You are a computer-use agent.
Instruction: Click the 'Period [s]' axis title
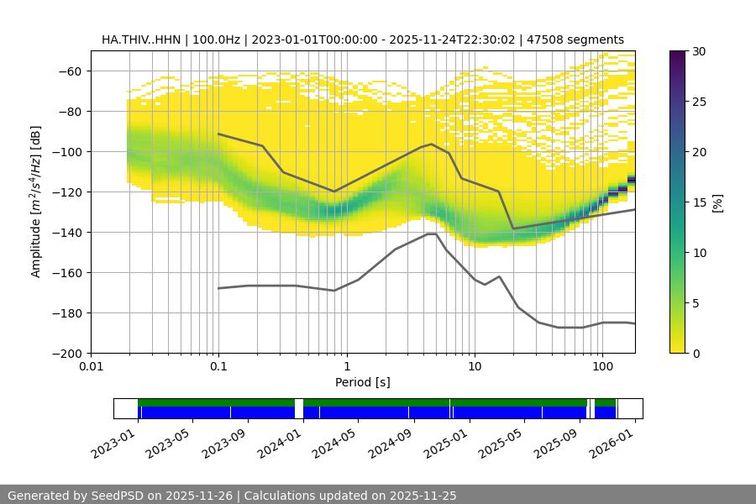pyautogui.click(x=362, y=382)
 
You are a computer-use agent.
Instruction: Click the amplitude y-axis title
pyautogui.click(x=35, y=202)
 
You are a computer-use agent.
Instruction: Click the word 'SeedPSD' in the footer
pyautogui.click(x=117, y=496)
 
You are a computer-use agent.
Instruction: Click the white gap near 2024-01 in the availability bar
pyautogui.click(x=299, y=408)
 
